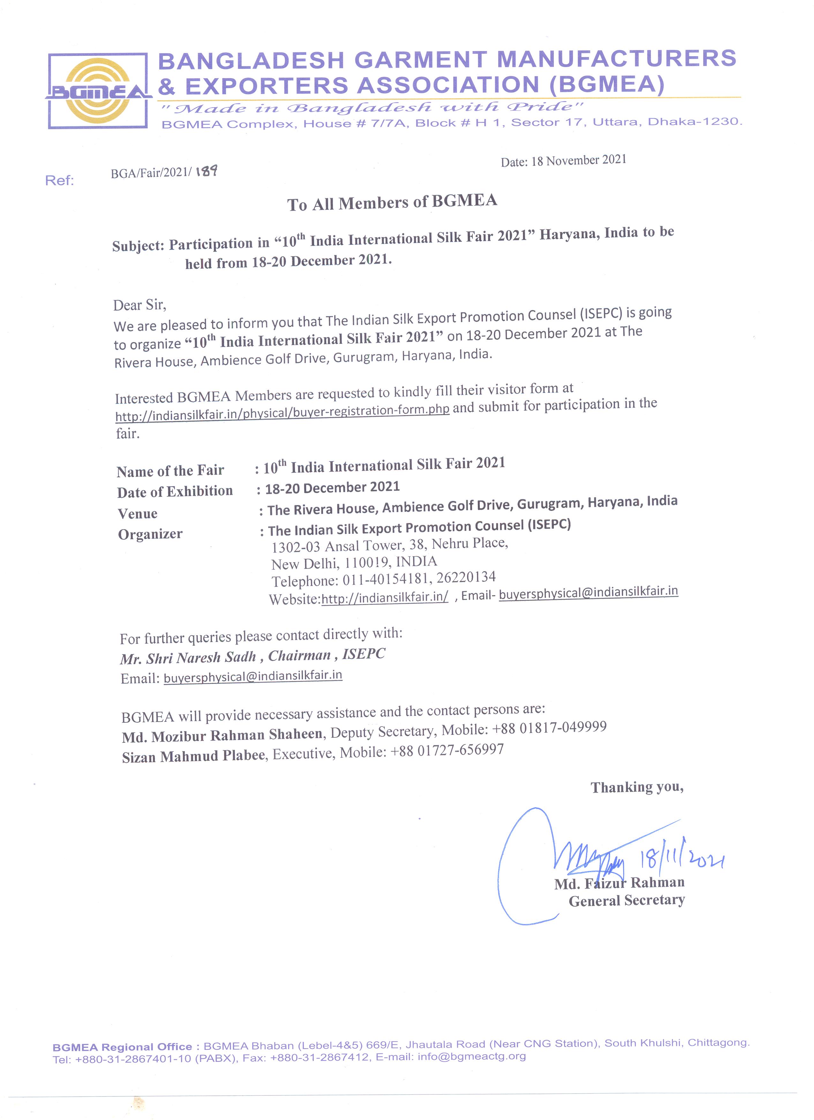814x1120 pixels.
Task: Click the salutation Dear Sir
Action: coord(139,305)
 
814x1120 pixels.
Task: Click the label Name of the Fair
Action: coord(170,471)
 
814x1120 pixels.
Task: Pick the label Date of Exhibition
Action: coord(175,492)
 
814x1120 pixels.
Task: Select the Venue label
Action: coord(137,514)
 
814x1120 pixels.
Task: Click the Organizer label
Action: coord(150,534)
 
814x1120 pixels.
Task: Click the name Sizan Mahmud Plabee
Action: coord(194,756)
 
